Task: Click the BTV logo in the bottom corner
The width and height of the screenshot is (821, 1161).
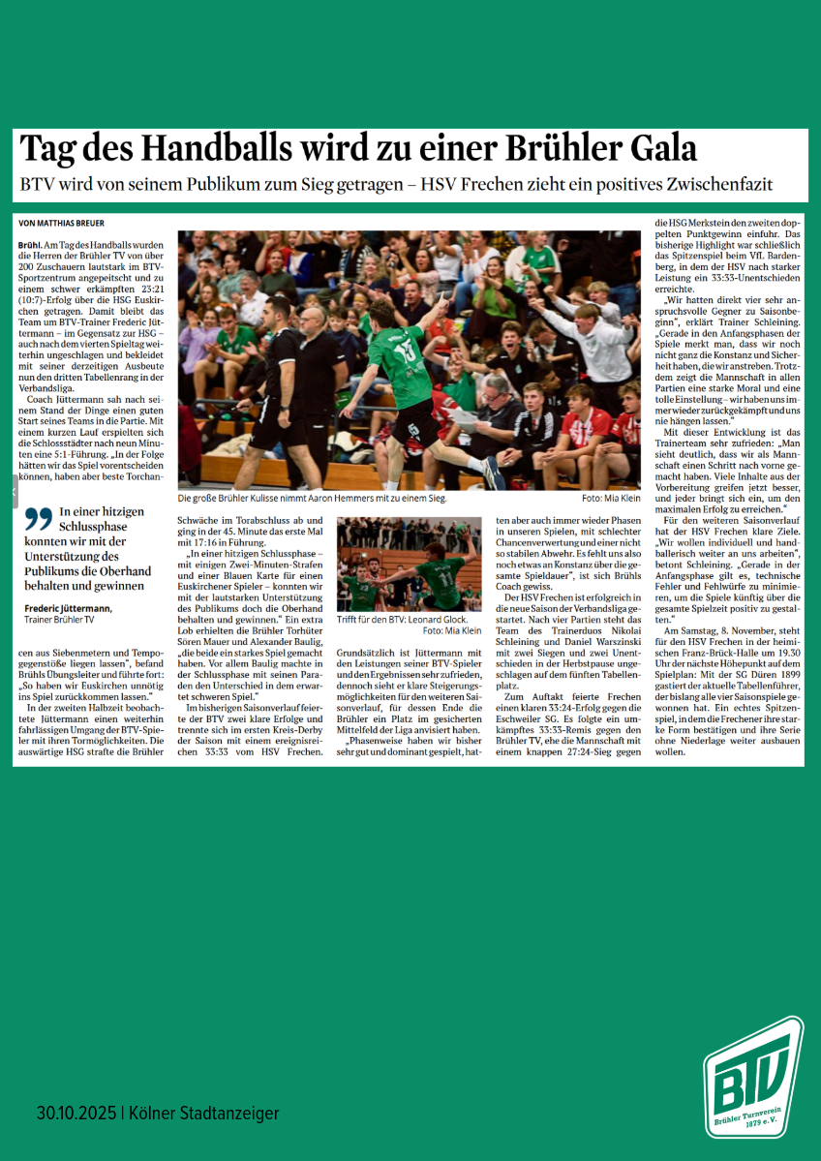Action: (x=753, y=1077)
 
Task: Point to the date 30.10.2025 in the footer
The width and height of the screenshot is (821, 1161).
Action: (x=76, y=1114)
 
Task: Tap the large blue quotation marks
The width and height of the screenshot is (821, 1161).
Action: (x=38, y=518)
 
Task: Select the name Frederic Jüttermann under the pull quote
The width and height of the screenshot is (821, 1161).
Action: (x=67, y=608)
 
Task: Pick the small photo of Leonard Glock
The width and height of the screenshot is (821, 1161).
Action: (x=409, y=564)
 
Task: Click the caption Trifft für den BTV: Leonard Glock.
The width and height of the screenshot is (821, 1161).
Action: (x=402, y=619)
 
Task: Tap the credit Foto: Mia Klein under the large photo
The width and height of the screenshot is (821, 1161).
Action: (x=611, y=498)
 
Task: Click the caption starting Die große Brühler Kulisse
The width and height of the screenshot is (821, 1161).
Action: (x=312, y=498)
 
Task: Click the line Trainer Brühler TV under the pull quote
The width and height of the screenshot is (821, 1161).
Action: (x=60, y=620)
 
